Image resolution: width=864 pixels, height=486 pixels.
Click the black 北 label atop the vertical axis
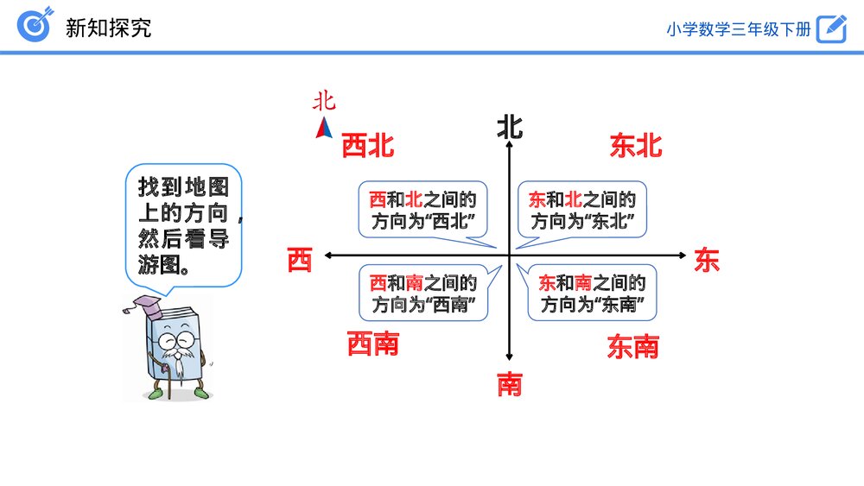510,128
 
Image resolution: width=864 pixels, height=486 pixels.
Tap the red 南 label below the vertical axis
510,384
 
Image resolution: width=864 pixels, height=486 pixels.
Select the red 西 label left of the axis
299,260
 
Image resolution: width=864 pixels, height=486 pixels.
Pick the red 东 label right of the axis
707,260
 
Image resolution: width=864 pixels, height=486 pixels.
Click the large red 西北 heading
368,146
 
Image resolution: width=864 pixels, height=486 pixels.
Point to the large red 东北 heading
636,146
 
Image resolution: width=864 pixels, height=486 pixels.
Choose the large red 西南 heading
373,344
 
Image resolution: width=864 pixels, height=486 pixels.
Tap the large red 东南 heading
633,347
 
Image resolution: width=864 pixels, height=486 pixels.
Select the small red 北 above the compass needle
324,102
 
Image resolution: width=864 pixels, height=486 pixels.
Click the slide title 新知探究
108,27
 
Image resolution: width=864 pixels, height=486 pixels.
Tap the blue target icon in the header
35,26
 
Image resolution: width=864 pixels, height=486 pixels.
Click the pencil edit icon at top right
831,28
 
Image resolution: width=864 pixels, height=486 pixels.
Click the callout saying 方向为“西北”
423,210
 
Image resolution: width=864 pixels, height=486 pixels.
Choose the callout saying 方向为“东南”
593,293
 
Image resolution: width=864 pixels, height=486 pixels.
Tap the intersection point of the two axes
510,255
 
